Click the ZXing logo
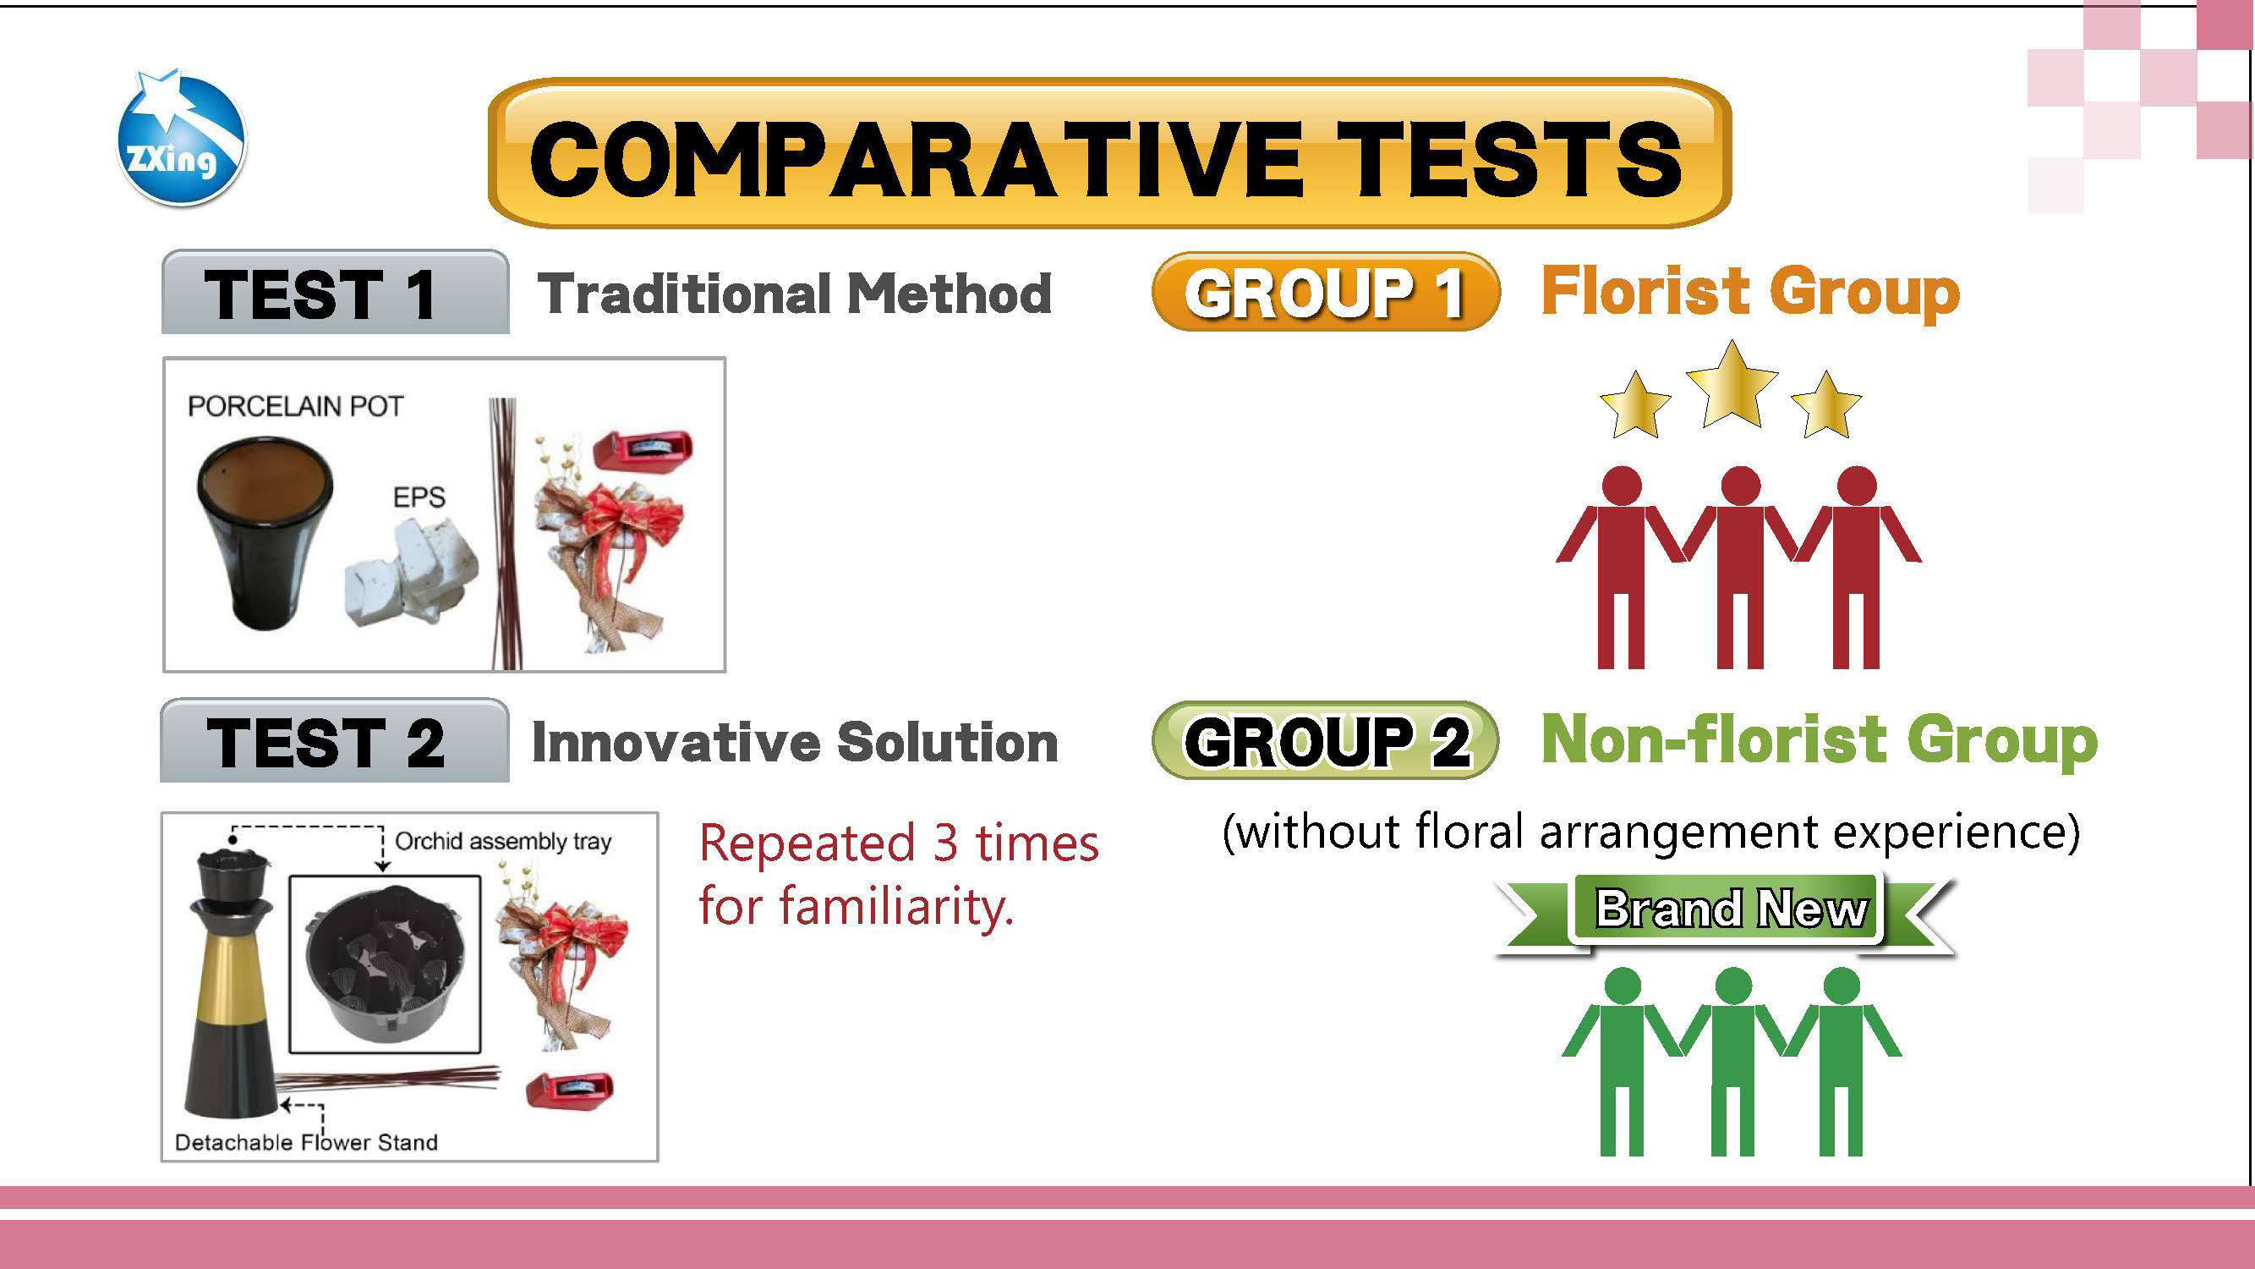[x=181, y=139]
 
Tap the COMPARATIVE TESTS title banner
[x=1109, y=154]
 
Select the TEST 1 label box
[x=336, y=292]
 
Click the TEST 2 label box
[x=334, y=740]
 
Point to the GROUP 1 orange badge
[x=1325, y=292]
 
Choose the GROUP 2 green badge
[x=1325, y=740]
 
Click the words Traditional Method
[x=794, y=293]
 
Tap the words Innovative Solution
[x=794, y=742]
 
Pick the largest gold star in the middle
[x=1732, y=385]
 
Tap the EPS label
[x=419, y=497]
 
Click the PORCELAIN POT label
[x=296, y=406]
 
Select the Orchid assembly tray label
[x=503, y=842]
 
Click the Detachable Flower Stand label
[x=306, y=1142]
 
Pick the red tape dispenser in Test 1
[x=643, y=449]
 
